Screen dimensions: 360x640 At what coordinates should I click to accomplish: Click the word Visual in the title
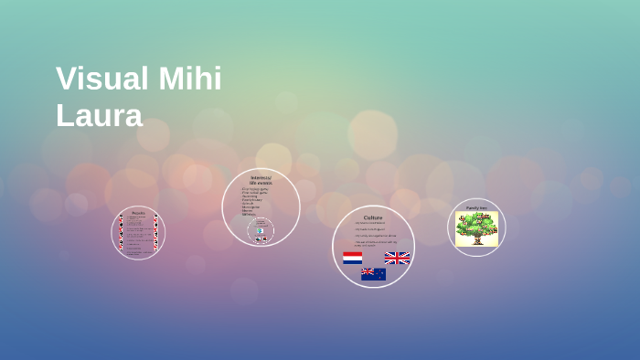[x=101, y=79]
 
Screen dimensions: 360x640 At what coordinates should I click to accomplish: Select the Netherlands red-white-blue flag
[x=352, y=259]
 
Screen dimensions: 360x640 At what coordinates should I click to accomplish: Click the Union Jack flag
[x=397, y=259]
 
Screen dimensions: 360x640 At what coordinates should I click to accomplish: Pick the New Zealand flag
[x=373, y=274]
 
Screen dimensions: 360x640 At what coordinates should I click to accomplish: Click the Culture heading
[x=373, y=217]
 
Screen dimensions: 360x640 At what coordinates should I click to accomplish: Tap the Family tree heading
[x=476, y=207]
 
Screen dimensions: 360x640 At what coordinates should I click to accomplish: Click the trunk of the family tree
[x=476, y=236]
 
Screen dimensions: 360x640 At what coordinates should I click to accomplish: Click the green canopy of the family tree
[x=476, y=222]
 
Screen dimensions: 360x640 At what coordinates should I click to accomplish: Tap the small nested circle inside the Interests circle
[x=261, y=230]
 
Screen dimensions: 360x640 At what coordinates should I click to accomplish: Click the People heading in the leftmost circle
[x=138, y=213]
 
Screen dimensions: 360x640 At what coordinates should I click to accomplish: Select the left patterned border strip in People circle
[x=120, y=232]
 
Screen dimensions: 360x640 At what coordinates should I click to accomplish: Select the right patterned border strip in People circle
[x=156, y=232]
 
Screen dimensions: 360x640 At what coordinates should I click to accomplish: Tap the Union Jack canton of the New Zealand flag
[x=367, y=271]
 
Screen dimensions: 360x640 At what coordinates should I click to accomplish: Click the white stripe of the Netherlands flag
[x=352, y=259]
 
